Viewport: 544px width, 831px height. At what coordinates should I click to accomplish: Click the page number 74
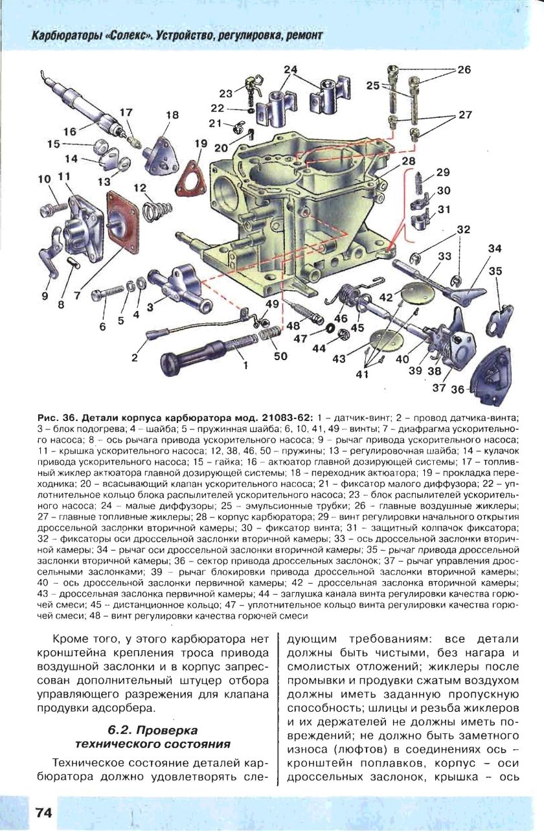pyautogui.click(x=38, y=812)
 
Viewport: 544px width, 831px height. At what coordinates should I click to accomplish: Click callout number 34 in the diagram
pyautogui.click(x=495, y=249)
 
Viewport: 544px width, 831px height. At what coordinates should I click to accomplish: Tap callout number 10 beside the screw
pyautogui.click(x=44, y=179)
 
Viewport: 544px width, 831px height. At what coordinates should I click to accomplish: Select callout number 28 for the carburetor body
pyautogui.click(x=407, y=161)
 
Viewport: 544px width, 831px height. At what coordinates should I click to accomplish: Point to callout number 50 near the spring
pyautogui.click(x=280, y=355)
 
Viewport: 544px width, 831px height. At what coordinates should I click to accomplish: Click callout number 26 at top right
pyautogui.click(x=464, y=70)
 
